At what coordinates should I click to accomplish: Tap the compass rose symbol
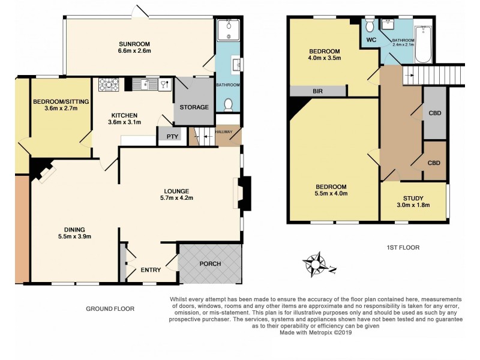[x=314, y=264]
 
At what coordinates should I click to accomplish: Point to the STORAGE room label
[x=194, y=107]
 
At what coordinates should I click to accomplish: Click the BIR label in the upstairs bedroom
[x=317, y=92]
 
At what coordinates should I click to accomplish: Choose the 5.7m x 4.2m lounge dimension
[x=176, y=197]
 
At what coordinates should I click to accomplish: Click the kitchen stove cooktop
[x=110, y=85]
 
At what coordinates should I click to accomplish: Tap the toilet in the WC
[x=369, y=26]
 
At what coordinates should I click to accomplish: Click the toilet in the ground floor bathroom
[x=228, y=106]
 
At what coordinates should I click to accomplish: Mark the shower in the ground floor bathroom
[x=229, y=29]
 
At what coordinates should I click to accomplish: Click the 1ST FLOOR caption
[x=403, y=247]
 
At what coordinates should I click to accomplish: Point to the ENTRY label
[x=151, y=270]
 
